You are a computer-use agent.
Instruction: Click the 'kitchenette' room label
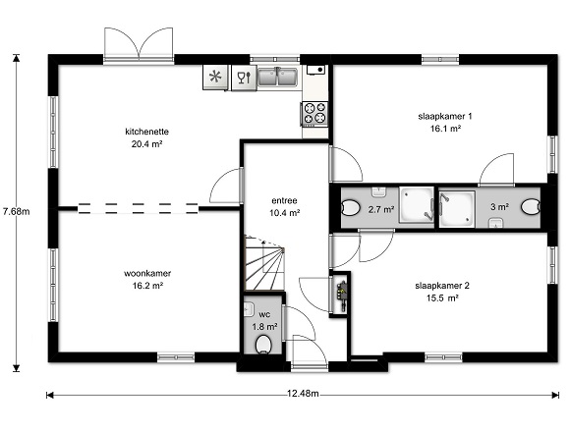146,132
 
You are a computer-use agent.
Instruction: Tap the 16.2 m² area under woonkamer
147,286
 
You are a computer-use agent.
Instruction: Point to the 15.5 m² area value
442,298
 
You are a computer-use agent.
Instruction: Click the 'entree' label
284,200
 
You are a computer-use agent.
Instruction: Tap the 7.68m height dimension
16,211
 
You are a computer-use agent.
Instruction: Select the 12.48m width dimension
303,394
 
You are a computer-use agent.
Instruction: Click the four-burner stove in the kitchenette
314,114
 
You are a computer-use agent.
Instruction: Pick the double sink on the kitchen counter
278,78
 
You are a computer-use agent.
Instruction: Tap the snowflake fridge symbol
215,77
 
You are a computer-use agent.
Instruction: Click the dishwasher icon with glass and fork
244,78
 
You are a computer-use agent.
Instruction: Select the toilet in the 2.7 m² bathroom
351,208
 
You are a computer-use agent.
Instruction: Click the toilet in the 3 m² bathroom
531,207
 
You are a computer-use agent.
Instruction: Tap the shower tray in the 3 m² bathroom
457,209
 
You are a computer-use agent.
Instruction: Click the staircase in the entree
264,263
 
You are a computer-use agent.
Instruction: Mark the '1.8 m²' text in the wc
265,327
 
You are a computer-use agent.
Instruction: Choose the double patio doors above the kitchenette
139,45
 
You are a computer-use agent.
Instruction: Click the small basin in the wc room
249,309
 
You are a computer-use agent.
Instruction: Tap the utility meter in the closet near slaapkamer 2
341,293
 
